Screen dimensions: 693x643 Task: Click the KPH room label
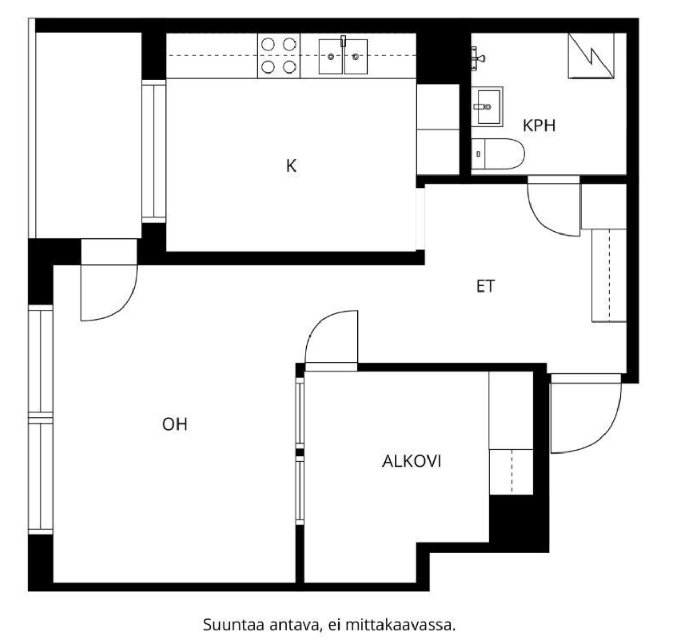[x=539, y=126]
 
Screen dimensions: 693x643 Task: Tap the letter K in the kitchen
[x=291, y=166]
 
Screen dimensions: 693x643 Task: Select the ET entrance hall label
[x=485, y=286]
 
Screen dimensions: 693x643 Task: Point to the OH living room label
[x=175, y=424]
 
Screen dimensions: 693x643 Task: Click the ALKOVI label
[x=412, y=461]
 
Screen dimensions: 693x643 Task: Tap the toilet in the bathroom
[x=497, y=154]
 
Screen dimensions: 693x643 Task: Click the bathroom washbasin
[x=487, y=107]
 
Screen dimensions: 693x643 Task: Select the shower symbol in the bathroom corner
[x=591, y=55]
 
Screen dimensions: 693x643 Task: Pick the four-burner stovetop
[x=278, y=56]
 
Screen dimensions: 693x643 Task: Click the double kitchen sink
[x=343, y=56]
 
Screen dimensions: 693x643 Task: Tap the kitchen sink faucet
[x=343, y=41]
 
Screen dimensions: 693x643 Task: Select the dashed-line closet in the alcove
[x=511, y=472]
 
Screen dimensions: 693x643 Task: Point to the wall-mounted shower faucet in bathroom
[x=478, y=59]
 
